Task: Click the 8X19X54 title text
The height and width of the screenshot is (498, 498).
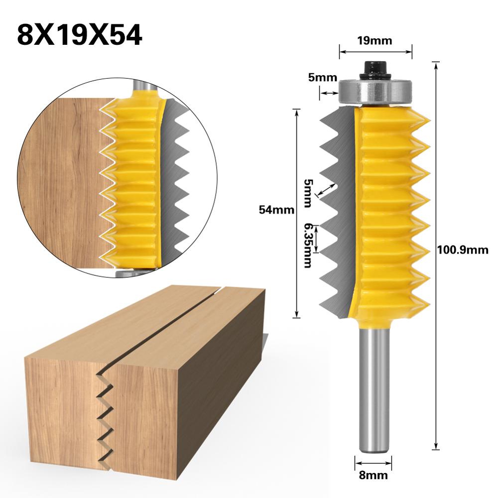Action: point(80,35)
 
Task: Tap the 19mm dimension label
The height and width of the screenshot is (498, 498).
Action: point(375,41)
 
